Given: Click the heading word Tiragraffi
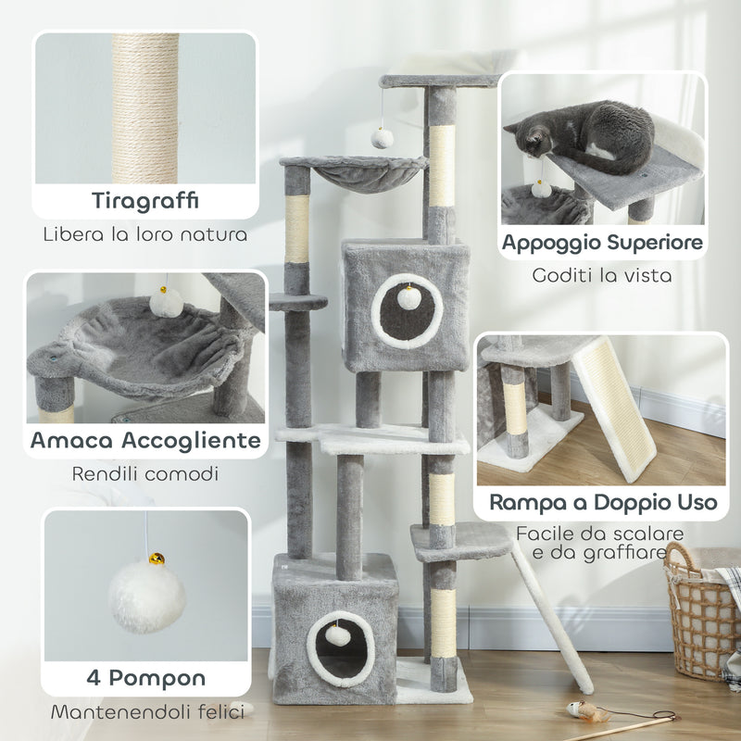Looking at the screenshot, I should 145,201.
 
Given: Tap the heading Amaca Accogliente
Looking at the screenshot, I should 145,440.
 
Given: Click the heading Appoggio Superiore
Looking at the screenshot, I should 602,244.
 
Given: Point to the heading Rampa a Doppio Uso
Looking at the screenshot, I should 602,503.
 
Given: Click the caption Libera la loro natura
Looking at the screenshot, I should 145,232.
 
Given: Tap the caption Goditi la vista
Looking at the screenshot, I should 602,275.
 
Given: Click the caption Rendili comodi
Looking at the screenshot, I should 145,473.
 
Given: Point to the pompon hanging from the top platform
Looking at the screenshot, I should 382,138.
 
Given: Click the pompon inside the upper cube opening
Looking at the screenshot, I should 405,298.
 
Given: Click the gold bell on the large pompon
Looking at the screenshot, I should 158,559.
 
